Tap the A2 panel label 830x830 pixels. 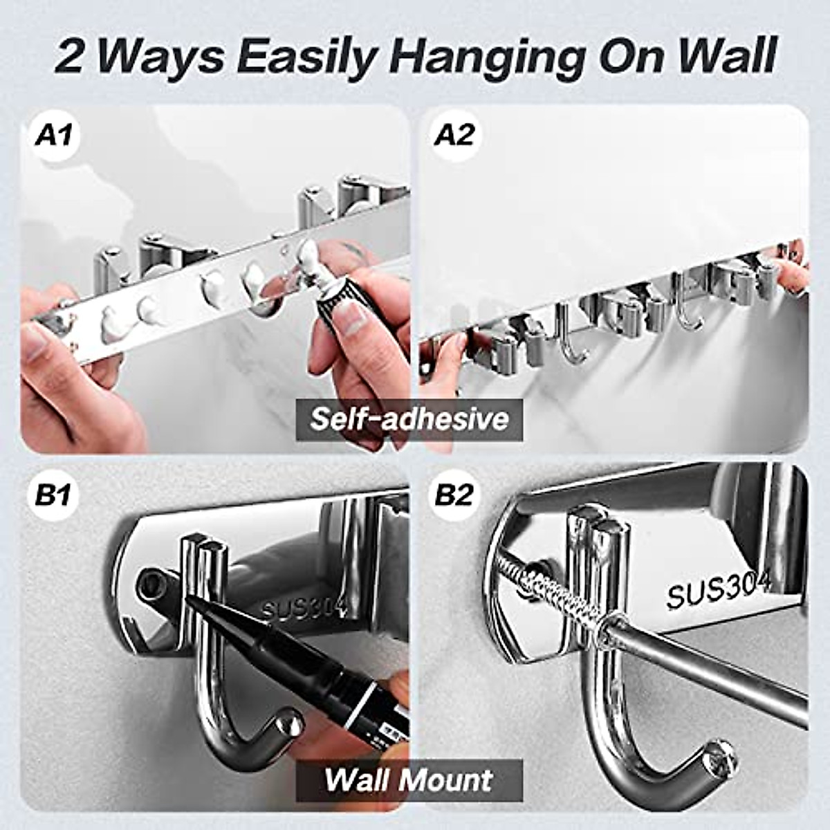454,134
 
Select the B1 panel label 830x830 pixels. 54,495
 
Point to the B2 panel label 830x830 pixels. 454,495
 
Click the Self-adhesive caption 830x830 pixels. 409,419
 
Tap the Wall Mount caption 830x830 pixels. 409,780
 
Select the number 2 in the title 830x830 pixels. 69,57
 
